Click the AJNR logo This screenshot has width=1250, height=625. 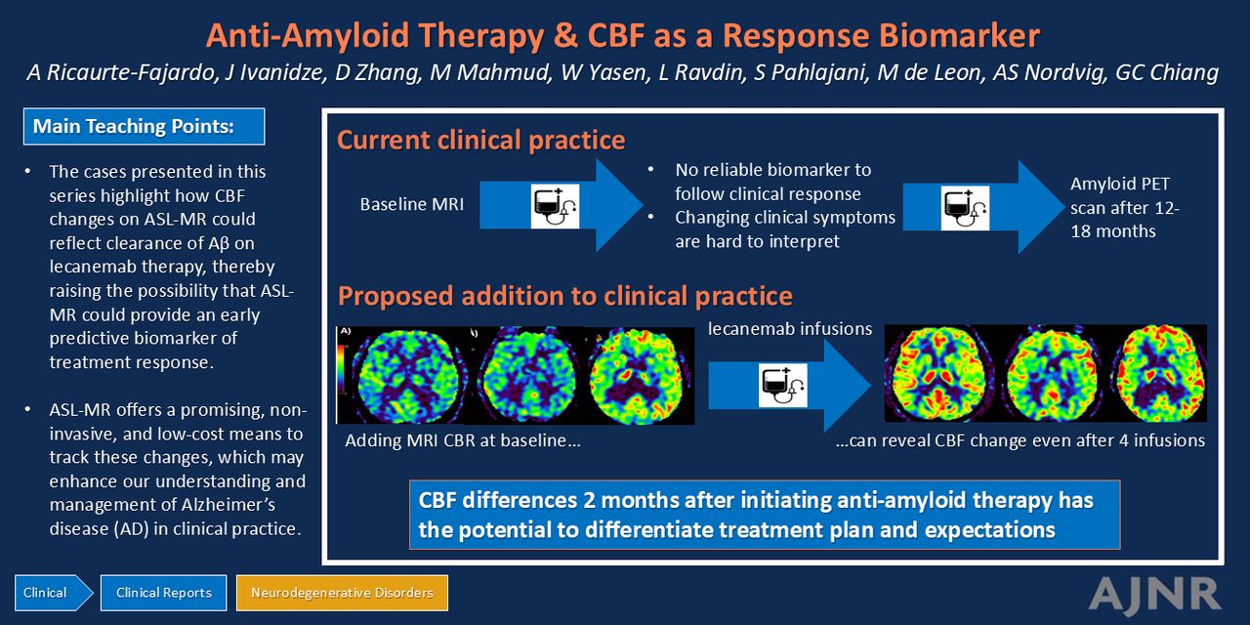point(1155,595)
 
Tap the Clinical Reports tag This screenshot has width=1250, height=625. point(163,593)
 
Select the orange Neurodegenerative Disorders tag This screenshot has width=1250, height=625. point(342,593)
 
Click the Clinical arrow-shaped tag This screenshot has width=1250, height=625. point(54,593)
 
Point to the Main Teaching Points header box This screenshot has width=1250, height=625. point(144,126)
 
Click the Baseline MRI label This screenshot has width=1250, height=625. point(412,204)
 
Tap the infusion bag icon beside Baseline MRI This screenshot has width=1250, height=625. point(555,206)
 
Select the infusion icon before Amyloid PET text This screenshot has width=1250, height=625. point(965,208)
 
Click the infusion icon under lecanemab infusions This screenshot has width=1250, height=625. point(783,385)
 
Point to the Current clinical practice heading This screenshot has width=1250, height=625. point(481,140)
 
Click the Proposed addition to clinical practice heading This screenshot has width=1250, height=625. point(564,296)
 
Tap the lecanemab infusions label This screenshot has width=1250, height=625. point(790,329)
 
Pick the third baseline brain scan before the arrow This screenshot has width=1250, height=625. point(641,376)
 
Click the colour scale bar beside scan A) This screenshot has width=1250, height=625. point(341,369)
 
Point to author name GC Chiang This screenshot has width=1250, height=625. point(1167,73)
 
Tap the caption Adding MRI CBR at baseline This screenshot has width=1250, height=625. point(463,440)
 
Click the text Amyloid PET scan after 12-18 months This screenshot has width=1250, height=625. point(1125,208)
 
